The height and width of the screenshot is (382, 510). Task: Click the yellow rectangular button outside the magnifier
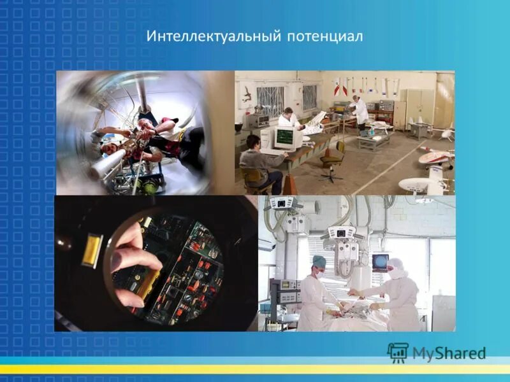92,249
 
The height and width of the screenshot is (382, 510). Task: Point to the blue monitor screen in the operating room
381,261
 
